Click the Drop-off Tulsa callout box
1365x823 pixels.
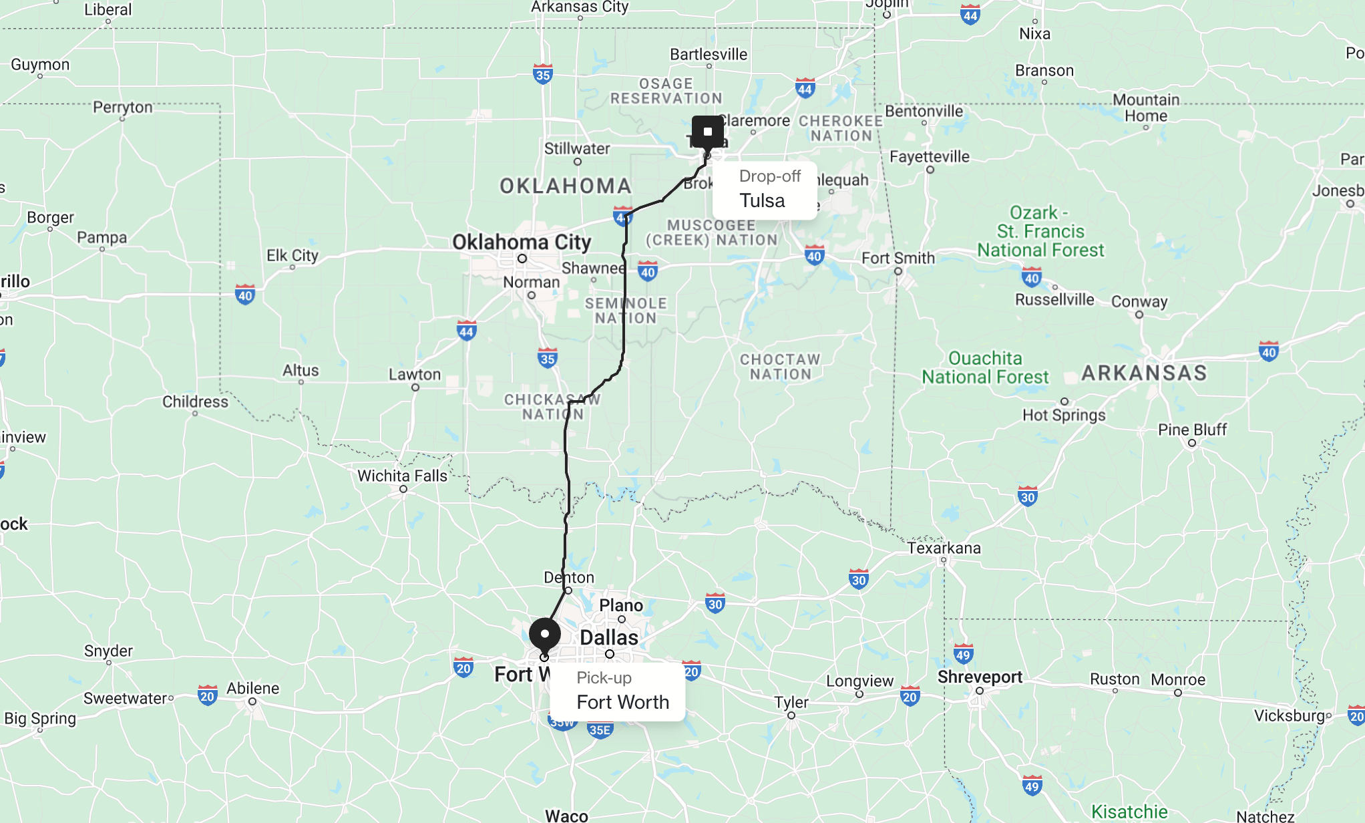pyautogui.click(x=765, y=190)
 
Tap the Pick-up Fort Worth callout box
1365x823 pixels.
pyautogui.click(x=618, y=691)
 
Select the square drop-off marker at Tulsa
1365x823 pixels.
pyautogui.click(x=708, y=132)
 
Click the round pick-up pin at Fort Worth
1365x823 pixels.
pyautogui.click(x=545, y=634)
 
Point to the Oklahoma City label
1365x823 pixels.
pyautogui.click(x=522, y=242)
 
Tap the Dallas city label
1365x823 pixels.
pyautogui.click(x=609, y=637)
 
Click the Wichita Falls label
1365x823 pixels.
pyautogui.click(x=402, y=476)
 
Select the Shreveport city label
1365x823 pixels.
pyautogui.click(x=980, y=677)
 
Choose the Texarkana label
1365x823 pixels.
pyautogui.click(x=944, y=548)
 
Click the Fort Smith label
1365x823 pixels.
pyautogui.click(x=898, y=258)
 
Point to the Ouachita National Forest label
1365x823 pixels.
pyautogui.click(x=986, y=367)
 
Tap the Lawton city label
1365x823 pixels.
pyautogui.click(x=415, y=374)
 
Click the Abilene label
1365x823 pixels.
pyautogui.click(x=252, y=688)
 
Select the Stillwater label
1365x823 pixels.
pyautogui.click(x=577, y=148)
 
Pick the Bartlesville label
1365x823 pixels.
pyautogui.click(x=709, y=54)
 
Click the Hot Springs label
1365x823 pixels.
pyautogui.click(x=1064, y=415)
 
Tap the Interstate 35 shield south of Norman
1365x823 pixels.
pyautogui.click(x=548, y=358)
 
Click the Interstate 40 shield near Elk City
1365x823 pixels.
pyautogui.click(x=245, y=295)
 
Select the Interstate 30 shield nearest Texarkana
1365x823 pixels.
pyautogui.click(x=859, y=579)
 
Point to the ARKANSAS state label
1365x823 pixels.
pyautogui.click(x=1144, y=373)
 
